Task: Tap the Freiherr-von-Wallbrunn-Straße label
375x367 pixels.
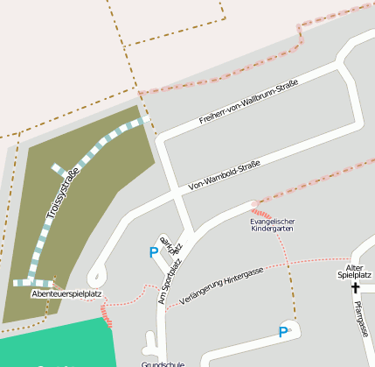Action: click(x=248, y=101)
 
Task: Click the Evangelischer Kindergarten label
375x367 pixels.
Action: click(x=273, y=224)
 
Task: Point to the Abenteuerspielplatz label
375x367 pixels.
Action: click(x=67, y=294)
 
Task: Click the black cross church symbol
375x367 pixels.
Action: click(x=356, y=287)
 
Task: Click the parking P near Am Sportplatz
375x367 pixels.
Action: click(x=154, y=252)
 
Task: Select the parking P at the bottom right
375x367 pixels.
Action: click(x=281, y=332)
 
